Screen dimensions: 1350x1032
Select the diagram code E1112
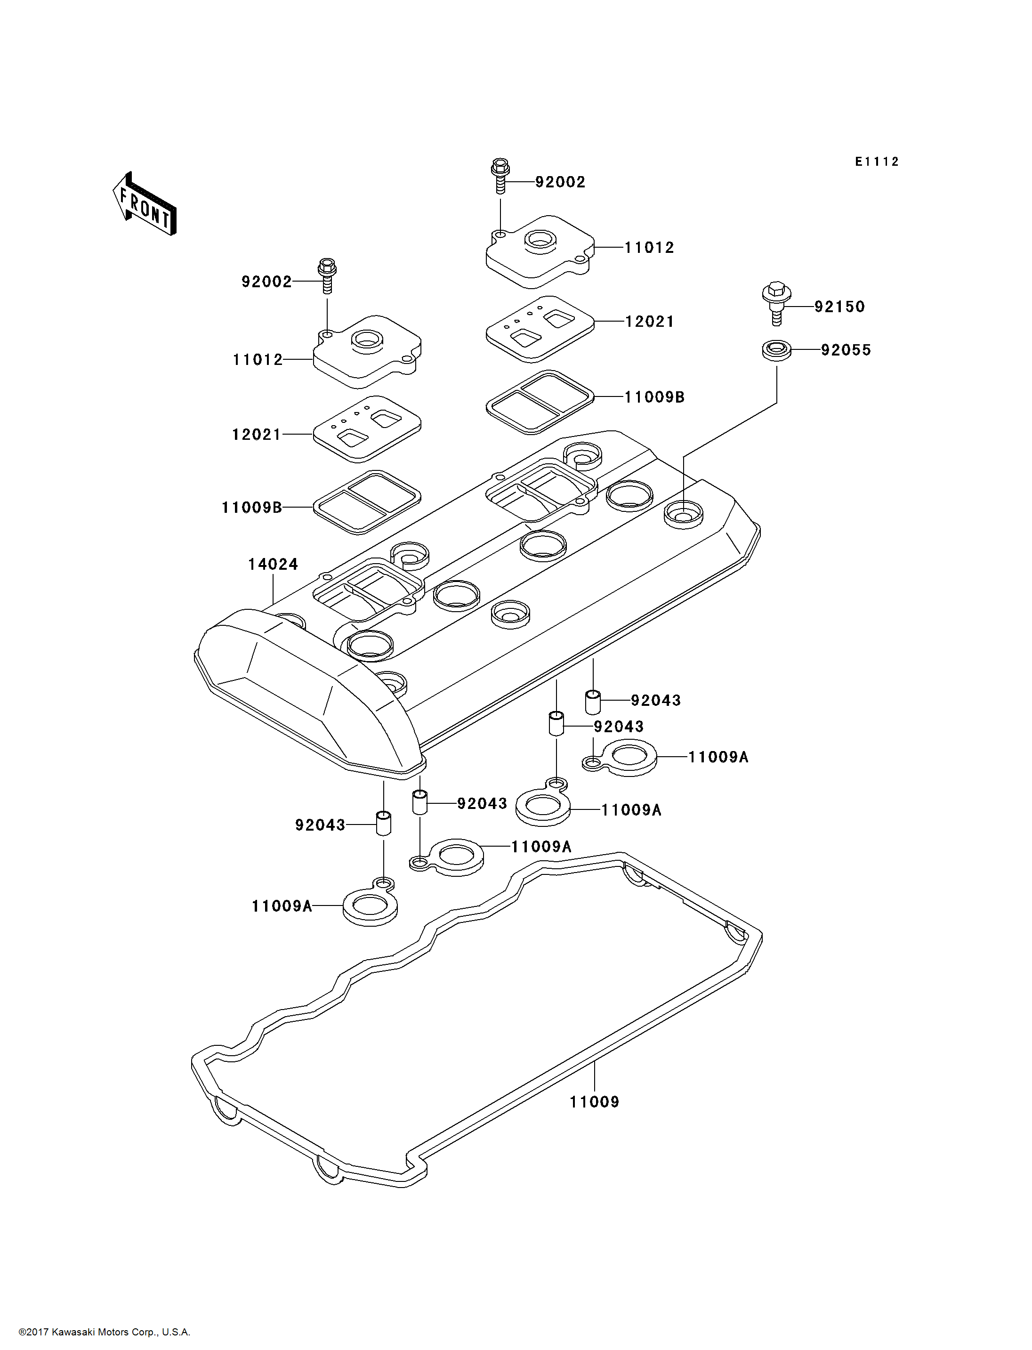(877, 162)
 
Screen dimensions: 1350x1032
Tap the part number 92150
(839, 307)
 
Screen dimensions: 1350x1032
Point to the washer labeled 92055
(776, 350)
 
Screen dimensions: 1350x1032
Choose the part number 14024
(273, 564)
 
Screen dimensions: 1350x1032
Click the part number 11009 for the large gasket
(594, 1102)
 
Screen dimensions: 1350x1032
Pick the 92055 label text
(846, 350)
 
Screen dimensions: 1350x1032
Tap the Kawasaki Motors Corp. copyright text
(105, 1332)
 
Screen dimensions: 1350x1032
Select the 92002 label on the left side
(266, 282)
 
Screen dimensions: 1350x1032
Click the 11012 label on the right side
(649, 248)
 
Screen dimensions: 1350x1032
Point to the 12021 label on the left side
(256, 435)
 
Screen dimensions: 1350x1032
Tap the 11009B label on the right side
(654, 397)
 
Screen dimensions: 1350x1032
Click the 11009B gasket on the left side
(367, 502)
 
